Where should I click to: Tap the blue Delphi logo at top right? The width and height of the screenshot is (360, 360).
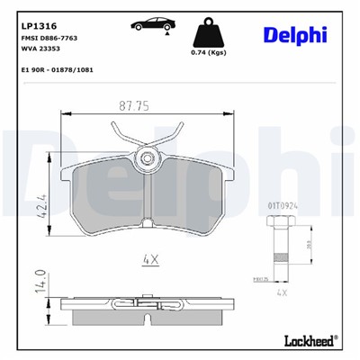[x=296, y=35]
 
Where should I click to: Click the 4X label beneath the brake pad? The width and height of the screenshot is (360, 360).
[x=150, y=260]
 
